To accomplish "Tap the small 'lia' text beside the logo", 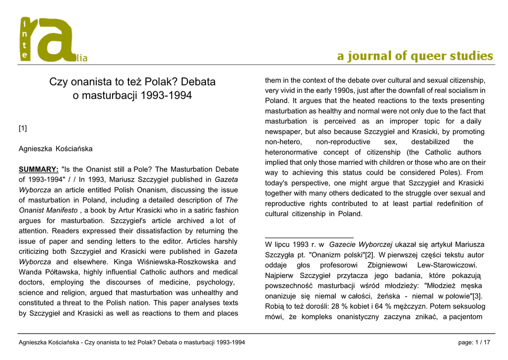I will pyautogui.click(x=81, y=59).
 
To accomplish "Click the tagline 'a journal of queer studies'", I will pyautogui.click(x=415, y=56).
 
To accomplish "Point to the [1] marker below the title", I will pyautogui.click(x=23, y=129).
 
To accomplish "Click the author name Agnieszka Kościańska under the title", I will pyautogui.click(x=56, y=148).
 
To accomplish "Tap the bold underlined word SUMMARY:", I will pyautogui.click(x=38, y=169).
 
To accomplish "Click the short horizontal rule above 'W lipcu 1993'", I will pyautogui.click(x=309, y=238).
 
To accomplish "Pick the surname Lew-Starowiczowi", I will pyautogui.click(x=447, y=265).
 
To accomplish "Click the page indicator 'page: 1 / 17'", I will pyautogui.click(x=475, y=343).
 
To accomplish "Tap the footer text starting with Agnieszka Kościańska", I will pyautogui.click(x=131, y=343).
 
